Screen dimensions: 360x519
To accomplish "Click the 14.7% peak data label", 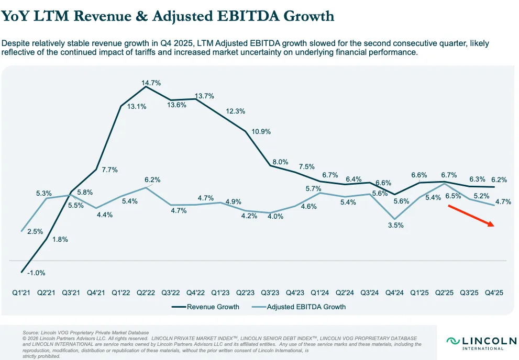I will [x=150, y=83].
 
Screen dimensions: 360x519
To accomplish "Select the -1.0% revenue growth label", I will [x=36, y=273].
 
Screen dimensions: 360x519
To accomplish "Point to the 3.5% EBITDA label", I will [x=396, y=226].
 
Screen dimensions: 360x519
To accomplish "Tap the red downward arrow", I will [x=470, y=216].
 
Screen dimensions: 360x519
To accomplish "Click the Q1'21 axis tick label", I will [x=22, y=293].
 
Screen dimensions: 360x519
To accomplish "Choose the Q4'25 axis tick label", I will [x=494, y=293].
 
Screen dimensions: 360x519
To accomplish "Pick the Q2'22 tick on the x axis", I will [x=146, y=293].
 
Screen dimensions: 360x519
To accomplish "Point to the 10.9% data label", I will [x=261, y=132].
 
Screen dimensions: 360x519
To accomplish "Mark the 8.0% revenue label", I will [x=280, y=162].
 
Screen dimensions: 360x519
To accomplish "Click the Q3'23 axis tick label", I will [x=270, y=293].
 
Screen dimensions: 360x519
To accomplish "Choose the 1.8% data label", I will [x=60, y=239].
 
